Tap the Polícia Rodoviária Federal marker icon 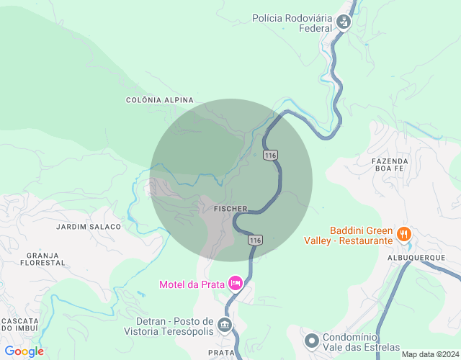344,22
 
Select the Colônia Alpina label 159,99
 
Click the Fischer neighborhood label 230,209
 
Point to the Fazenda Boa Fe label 390,166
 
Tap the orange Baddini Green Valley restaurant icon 404,234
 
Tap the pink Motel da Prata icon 235,284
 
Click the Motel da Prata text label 194,284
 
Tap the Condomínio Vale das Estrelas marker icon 312,339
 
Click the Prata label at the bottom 220,352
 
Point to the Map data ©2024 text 429,354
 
